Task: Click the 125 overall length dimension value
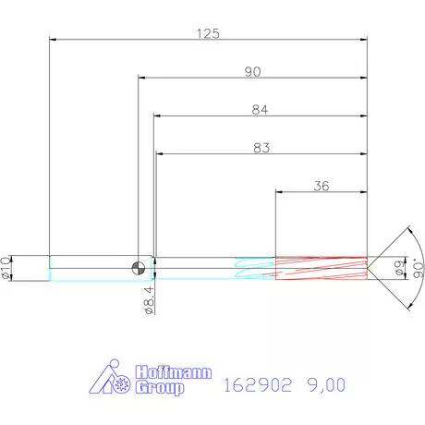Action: [208, 33]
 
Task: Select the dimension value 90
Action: [251, 71]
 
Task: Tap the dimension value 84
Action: [260, 110]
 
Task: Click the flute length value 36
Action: [322, 186]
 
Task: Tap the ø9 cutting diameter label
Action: [398, 268]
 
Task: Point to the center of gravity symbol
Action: [138, 268]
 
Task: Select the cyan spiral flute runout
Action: [254, 268]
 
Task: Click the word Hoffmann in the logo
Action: [173, 373]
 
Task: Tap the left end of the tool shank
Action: [49, 268]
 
